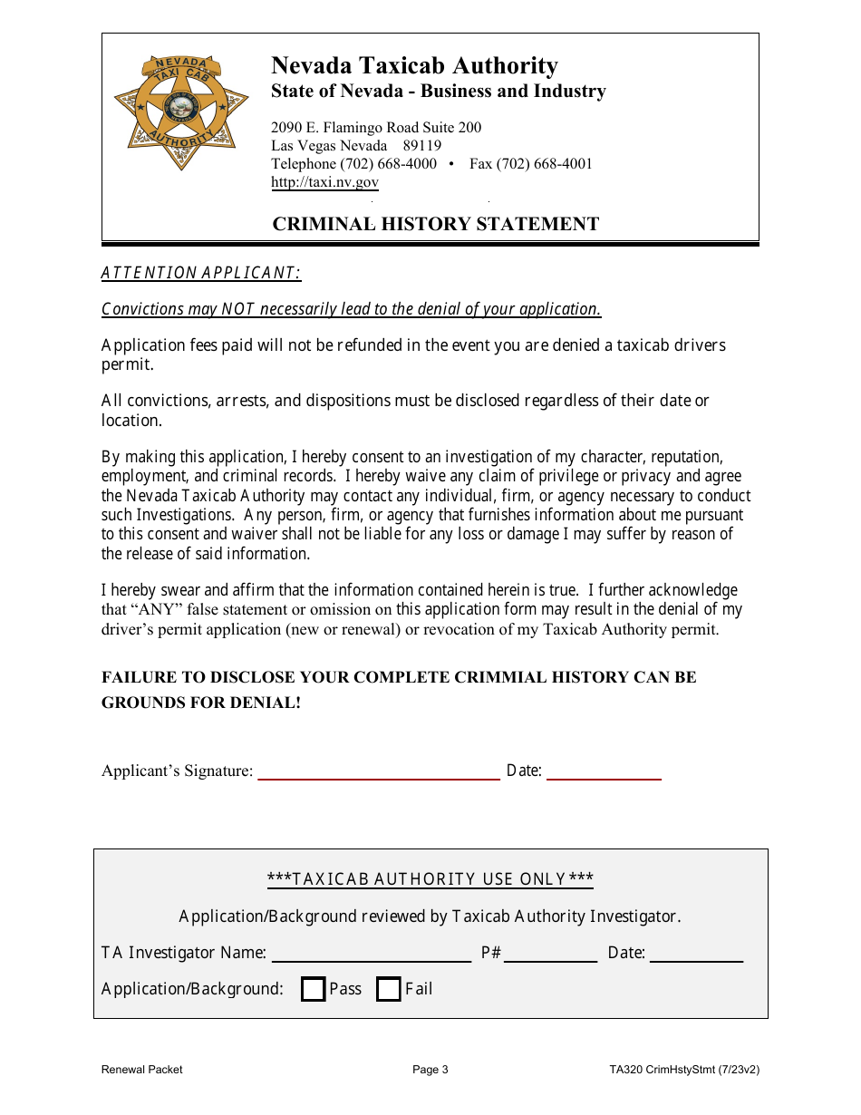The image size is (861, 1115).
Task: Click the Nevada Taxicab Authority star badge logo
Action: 181,111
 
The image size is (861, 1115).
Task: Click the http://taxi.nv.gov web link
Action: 324,182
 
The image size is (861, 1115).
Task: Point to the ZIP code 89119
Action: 422,146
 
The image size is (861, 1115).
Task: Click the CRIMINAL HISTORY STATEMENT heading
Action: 436,224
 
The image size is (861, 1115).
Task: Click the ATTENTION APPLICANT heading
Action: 200,273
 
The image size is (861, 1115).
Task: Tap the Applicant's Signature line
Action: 379,771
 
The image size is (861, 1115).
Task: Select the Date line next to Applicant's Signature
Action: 604,771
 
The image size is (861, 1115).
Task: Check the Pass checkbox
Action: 314,989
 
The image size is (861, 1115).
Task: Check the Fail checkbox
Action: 389,989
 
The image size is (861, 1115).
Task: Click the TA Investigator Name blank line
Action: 372,954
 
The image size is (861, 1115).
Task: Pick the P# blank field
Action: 550,954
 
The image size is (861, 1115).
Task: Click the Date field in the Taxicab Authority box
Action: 696,954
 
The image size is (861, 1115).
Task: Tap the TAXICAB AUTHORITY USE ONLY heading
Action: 430,879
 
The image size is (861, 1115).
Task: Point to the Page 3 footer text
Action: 430,1070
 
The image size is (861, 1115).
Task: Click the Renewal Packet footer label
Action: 141,1070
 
